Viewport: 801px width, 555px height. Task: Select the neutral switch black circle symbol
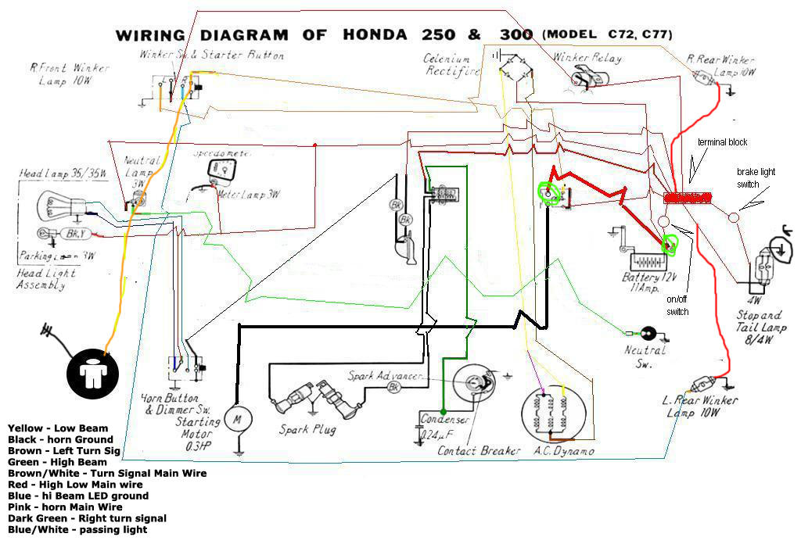[648, 333]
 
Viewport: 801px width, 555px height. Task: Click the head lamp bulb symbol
[56, 207]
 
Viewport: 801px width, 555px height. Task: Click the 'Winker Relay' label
[587, 58]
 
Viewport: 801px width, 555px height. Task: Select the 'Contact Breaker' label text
[479, 451]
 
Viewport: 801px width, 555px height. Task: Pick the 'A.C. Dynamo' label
[562, 451]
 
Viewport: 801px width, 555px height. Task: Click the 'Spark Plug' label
[307, 430]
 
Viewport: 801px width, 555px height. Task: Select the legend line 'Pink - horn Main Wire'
[65, 507]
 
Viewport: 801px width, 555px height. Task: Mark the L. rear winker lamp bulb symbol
[702, 384]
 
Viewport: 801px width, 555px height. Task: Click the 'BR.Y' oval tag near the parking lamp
[75, 234]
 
